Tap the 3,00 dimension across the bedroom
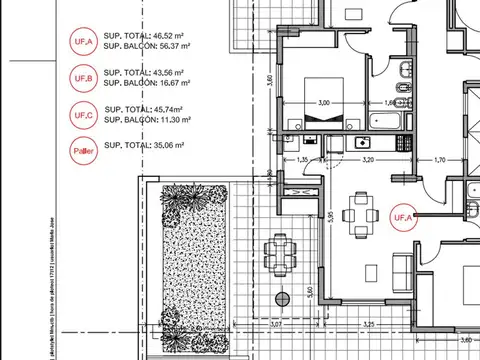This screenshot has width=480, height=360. tap(323, 103)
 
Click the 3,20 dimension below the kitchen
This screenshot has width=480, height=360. tap(367, 159)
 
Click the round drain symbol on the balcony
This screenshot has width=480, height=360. tap(283, 299)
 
